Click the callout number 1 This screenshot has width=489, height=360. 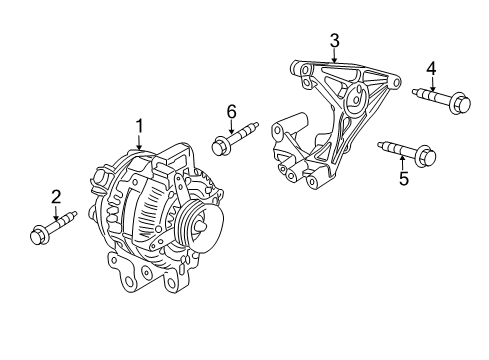point(140,126)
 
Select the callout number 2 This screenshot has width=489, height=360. point(56,197)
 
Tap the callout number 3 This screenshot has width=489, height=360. point(335,40)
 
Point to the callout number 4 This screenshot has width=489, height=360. point(431,68)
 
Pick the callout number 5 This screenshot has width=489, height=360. point(404,179)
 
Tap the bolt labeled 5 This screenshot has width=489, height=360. point(404,153)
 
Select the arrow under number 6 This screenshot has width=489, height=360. point(230,126)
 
